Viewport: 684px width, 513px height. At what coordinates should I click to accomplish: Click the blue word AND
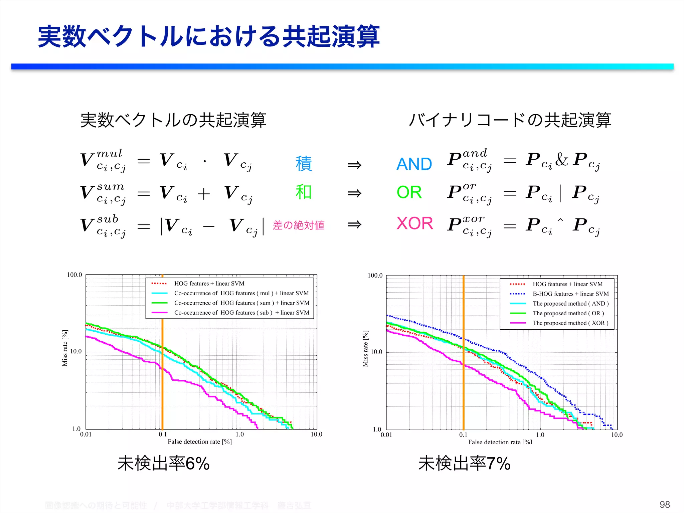[x=414, y=164]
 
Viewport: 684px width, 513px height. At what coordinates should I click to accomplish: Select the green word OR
[x=409, y=192]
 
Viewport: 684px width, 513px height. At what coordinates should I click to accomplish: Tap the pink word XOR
[x=415, y=223]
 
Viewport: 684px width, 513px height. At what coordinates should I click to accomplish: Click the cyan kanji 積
[x=304, y=164]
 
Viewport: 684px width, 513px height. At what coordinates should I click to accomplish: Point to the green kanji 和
[x=303, y=192]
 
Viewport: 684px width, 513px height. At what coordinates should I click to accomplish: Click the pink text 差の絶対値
[x=299, y=225]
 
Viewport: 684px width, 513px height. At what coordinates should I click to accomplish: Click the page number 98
[x=665, y=504]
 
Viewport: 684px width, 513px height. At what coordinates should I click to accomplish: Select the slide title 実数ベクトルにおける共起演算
[x=209, y=37]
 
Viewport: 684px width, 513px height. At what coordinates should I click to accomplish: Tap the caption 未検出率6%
[x=163, y=464]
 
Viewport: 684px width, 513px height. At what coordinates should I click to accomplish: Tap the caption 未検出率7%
[x=464, y=464]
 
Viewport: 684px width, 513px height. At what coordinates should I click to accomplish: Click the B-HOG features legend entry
[x=570, y=294]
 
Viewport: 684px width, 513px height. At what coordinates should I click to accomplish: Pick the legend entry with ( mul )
[x=241, y=293]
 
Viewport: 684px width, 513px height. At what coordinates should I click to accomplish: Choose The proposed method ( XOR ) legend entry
[x=570, y=323]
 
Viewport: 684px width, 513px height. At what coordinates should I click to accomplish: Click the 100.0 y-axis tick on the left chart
[x=74, y=275]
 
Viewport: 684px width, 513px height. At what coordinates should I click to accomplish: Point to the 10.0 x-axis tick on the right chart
[x=617, y=435]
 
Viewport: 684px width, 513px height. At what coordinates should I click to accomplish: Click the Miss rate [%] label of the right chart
[x=365, y=349]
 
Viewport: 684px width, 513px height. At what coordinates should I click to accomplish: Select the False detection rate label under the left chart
[x=199, y=442]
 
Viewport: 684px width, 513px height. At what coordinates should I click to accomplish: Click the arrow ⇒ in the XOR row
[x=354, y=224]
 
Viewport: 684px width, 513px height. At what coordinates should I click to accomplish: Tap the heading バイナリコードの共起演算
[x=510, y=120]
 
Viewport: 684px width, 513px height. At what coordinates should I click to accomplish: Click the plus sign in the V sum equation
[x=204, y=193]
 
